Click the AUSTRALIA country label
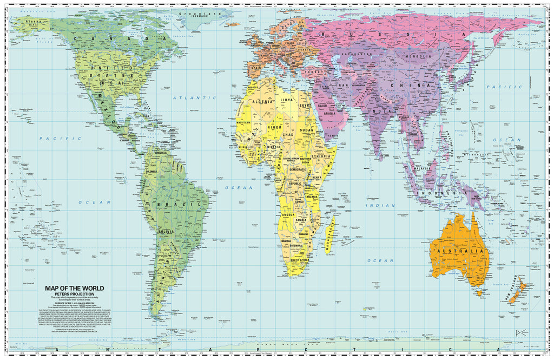464,251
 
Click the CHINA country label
420,86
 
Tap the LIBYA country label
287,100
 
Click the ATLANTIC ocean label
187,98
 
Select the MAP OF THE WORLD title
75,288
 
